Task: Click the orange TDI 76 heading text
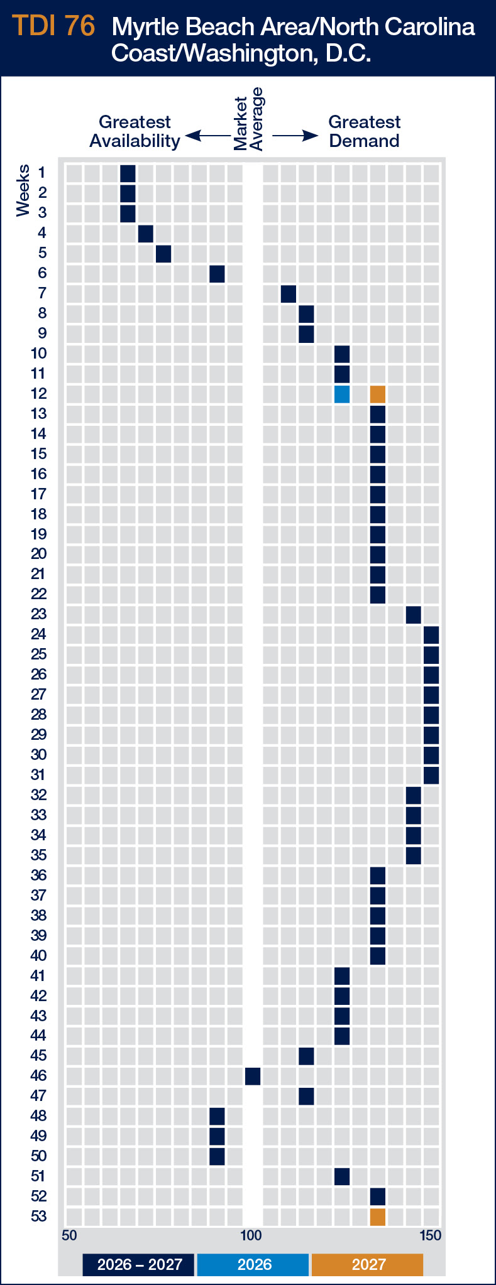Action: [53, 26]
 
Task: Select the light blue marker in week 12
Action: [342, 394]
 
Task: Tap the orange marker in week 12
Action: [378, 394]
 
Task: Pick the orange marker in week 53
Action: [378, 1217]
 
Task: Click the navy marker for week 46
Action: [253, 1076]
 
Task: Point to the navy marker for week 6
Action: [217, 274]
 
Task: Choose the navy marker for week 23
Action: [414, 615]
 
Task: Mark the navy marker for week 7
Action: [289, 294]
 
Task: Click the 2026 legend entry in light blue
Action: [253, 1264]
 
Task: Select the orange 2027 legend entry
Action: [368, 1264]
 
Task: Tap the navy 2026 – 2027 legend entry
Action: [140, 1264]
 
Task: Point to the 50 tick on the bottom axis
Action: [69, 1235]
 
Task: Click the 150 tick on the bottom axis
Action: [430, 1235]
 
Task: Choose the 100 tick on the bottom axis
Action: [251, 1235]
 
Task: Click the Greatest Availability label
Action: [135, 131]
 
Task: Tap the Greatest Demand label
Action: [365, 131]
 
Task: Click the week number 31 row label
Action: [39, 775]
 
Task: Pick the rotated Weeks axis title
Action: [23, 190]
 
